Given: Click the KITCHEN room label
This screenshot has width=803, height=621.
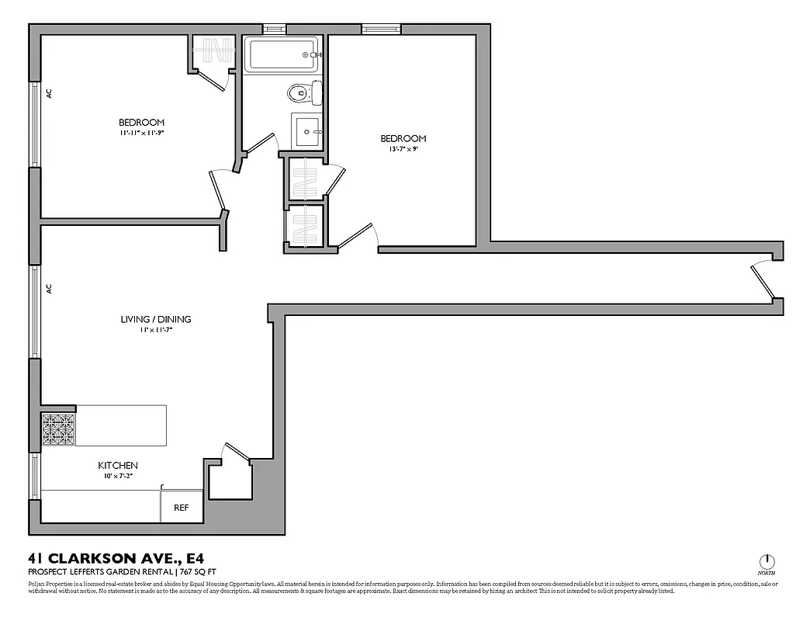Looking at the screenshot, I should click(118, 466).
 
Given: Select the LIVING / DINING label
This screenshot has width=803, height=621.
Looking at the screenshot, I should click(155, 319).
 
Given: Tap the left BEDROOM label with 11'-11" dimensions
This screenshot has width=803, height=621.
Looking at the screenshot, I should click(141, 123).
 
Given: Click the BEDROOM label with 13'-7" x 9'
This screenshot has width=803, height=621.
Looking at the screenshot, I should click(403, 139).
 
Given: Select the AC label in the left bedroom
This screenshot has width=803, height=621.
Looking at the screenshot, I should click(49, 93).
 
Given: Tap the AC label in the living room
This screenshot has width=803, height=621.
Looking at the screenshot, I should click(49, 288).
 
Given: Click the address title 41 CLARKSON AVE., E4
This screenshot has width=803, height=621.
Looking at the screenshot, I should click(116, 558).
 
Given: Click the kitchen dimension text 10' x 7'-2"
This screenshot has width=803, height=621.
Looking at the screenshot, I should click(118, 476).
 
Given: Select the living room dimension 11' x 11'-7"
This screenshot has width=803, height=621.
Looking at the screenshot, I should click(155, 330).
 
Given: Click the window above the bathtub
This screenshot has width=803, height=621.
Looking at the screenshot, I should click(275, 29).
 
